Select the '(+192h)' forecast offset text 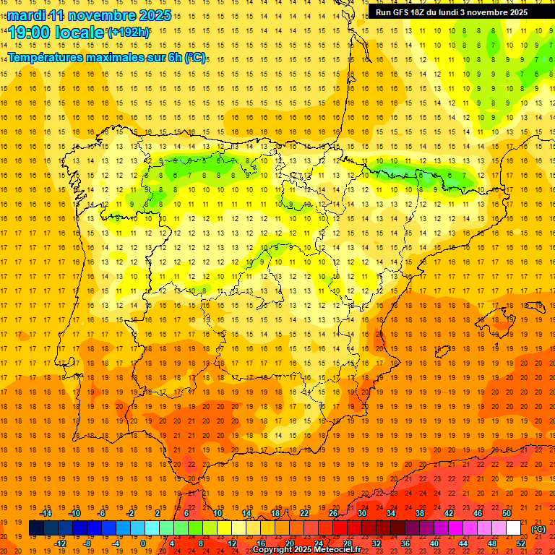coord(129,32)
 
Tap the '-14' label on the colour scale coord(47,512)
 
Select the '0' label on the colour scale coord(142,543)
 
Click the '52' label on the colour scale coord(520,543)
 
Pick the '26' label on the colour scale coord(333,512)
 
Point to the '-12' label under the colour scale coord(61,543)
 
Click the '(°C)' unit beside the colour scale coord(538,528)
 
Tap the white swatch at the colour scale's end coord(513,528)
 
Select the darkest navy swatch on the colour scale coord(36,528)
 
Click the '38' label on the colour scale coord(420,512)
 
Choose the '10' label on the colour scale coord(217,512)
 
